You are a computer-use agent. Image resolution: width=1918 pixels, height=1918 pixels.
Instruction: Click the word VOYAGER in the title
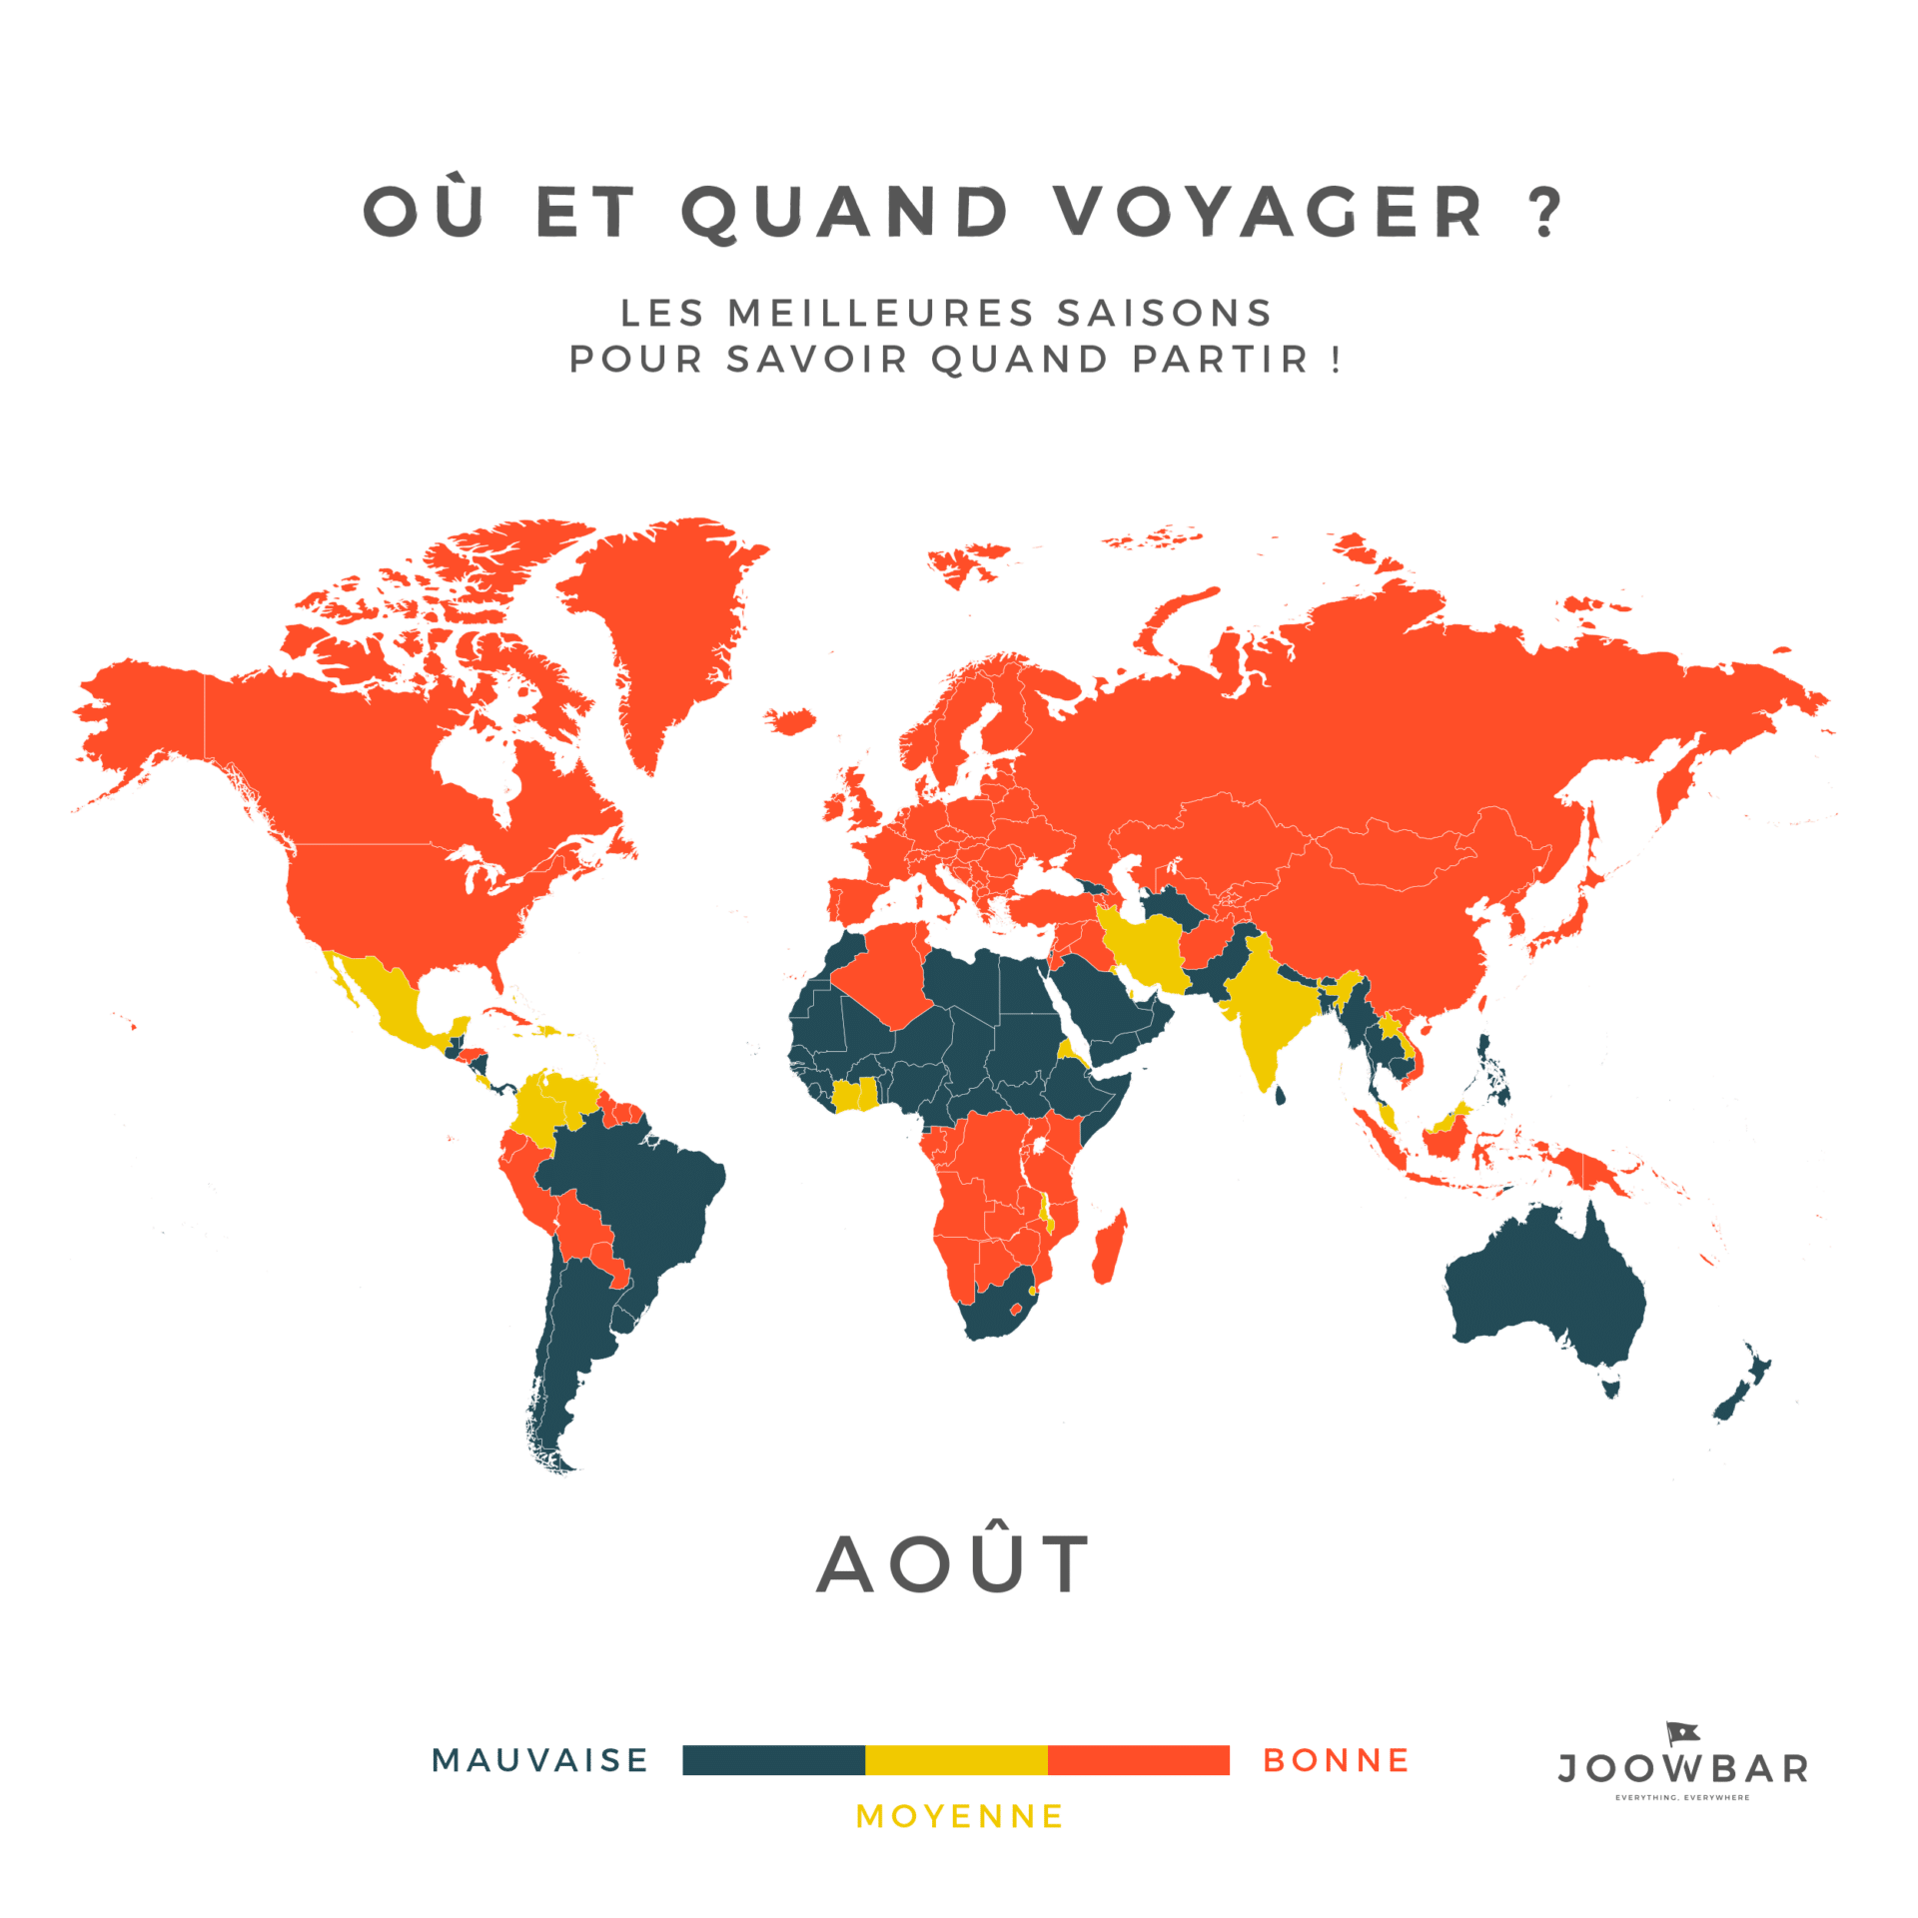pyautogui.click(x=1270, y=213)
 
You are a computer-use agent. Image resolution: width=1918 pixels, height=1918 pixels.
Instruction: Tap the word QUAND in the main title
pyautogui.click(x=845, y=213)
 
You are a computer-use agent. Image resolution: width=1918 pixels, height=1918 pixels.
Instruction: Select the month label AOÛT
pyautogui.click(x=954, y=1565)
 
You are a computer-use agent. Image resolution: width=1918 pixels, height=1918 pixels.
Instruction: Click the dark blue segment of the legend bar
pyautogui.click(x=773, y=1760)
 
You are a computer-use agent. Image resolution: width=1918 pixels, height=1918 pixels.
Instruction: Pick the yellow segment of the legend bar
pyautogui.click(x=956, y=1760)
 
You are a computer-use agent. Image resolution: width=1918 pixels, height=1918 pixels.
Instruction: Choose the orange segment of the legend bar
pyautogui.click(x=1139, y=1760)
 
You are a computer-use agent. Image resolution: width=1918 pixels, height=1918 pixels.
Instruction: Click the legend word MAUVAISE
pyautogui.click(x=540, y=1760)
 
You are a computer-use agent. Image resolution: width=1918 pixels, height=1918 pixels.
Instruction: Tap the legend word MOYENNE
pyautogui.click(x=960, y=1816)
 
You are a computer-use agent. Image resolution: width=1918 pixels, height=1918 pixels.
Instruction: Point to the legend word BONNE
pyautogui.click(x=1337, y=1760)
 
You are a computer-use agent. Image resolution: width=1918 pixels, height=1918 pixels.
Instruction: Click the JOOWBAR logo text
pyautogui.click(x=1683, y=1770)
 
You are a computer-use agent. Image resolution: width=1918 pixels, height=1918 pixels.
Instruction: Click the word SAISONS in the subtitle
pyautogui.click(x=1164, y=314)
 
